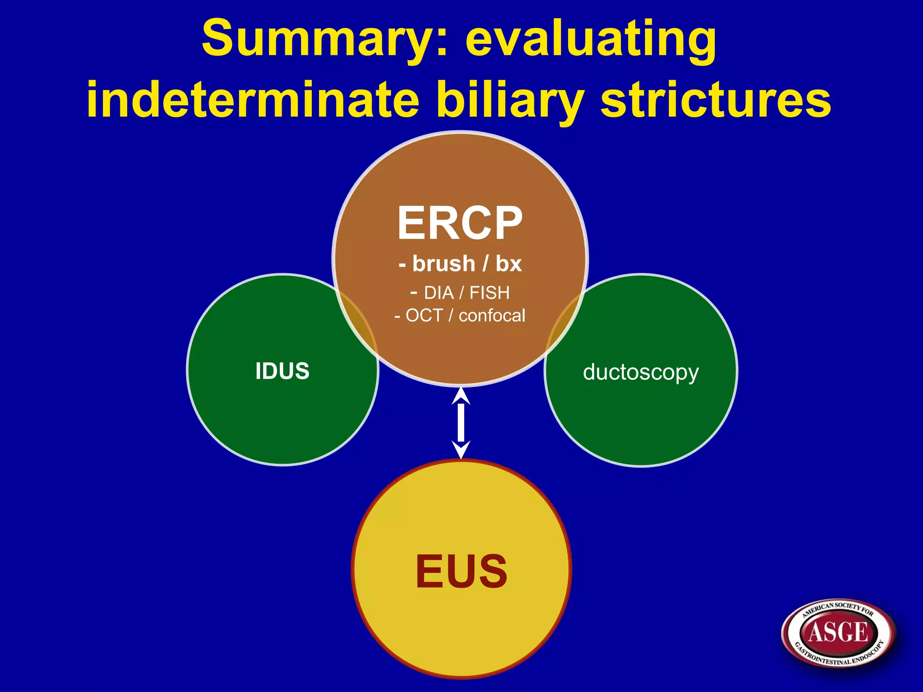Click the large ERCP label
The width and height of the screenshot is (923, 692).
(460, 223)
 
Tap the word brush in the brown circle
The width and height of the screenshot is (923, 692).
(443, 264)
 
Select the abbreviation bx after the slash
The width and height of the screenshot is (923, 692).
(508, 264)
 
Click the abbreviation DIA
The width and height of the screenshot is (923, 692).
(439, 293)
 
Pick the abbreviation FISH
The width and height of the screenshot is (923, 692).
(489, 293)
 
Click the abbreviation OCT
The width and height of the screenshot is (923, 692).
(424, 316)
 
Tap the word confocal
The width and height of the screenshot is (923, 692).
(492, 316)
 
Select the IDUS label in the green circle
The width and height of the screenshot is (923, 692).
(283, 371)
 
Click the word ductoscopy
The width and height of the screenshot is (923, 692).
(640, 373)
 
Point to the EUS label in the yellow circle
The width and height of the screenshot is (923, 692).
(461, 571)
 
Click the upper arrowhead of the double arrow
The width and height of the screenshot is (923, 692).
(461, 396)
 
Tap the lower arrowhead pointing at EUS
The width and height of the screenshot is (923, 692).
(461, 450)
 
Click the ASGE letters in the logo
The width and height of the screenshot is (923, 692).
(838, 632)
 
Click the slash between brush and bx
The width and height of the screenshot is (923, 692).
(485, 264)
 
